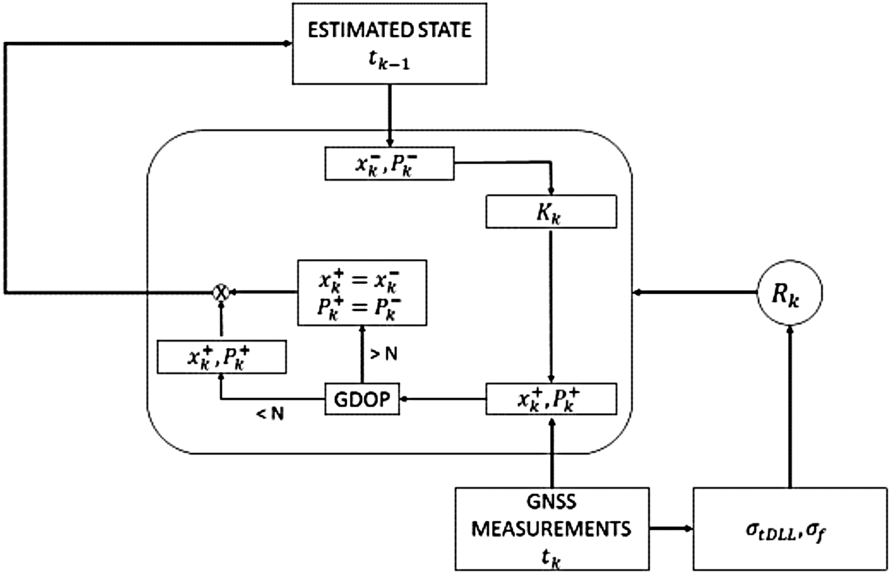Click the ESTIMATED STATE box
[389, 44]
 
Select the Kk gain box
[551, 212]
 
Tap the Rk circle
[789, 293]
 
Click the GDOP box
[362, 399]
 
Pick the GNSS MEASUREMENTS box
[552, 529]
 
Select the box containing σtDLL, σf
[789, 529]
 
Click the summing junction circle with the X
[220, 292]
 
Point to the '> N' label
[384, 354]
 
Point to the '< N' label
[270, 414]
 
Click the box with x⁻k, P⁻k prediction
[389, 164]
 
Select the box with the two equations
[362, 293]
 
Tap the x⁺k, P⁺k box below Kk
[551, 399]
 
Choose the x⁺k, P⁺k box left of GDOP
[221, 357]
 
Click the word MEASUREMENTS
[552, 529]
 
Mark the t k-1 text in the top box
[389, 62]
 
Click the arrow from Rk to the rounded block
[694, 293]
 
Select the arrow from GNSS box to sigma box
[671, 529]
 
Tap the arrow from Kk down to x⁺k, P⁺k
[551, 305]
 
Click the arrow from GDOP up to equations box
[362, 354]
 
